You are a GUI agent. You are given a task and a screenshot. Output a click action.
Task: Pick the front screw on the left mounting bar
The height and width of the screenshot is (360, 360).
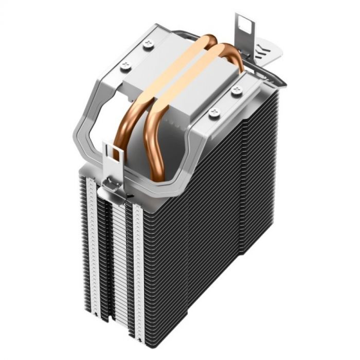(125, 65)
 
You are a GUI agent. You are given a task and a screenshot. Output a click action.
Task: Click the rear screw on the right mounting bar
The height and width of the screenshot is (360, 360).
(237, 92)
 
